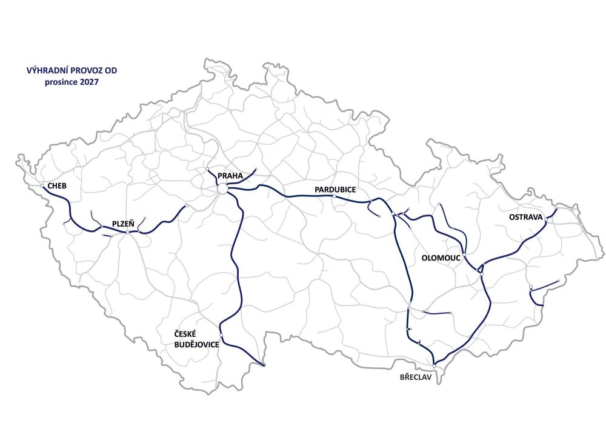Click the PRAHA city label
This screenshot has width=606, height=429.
[x=230, y=176]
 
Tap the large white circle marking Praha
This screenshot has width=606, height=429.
[x=222, y=190]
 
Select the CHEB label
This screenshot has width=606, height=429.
[x=56, y=185]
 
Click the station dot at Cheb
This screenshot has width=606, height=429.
[x=42, y=186]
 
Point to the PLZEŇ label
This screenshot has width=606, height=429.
[x=123, y=224]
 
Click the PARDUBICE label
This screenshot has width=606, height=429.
[x=335, y=190]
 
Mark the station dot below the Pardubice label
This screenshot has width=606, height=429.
[x=334, y=196]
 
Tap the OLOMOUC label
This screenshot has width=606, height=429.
[x=441, y=258]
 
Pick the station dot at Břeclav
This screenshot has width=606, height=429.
[x=435, y=367]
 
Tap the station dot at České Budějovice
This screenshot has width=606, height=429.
[x=221, y=336]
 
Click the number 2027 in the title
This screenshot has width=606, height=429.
[x=87, y=81]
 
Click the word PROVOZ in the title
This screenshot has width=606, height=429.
[x=89, y=71]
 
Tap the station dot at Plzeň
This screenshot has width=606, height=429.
[x=128, y=232]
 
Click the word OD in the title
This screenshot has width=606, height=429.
[x=112, y=71]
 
